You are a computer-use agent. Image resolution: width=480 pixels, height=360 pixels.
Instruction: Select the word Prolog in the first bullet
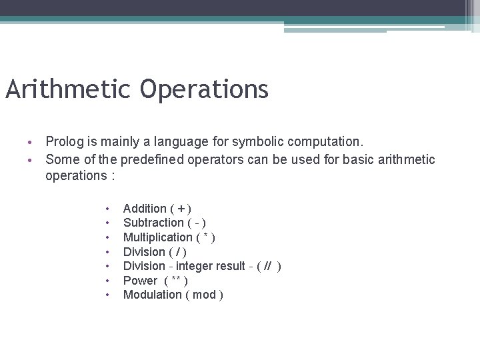tap(63, 141)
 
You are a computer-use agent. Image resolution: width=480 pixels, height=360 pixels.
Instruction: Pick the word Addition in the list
tap(145, 209)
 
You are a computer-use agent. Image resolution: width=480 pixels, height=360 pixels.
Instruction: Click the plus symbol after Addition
tap(181, 209)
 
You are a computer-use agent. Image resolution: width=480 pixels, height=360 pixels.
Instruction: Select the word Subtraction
tap(153, 223)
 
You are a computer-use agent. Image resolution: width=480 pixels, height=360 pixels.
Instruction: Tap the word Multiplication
tap(157, 237)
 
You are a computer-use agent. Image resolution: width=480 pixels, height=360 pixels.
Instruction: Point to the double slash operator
tap(267, 266)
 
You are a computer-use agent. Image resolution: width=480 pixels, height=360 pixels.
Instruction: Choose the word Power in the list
tap(140, 281)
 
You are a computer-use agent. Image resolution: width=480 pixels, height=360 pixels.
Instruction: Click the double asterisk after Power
tap(176, 280)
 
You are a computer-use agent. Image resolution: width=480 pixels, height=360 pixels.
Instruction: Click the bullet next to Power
tap(107, 281)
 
